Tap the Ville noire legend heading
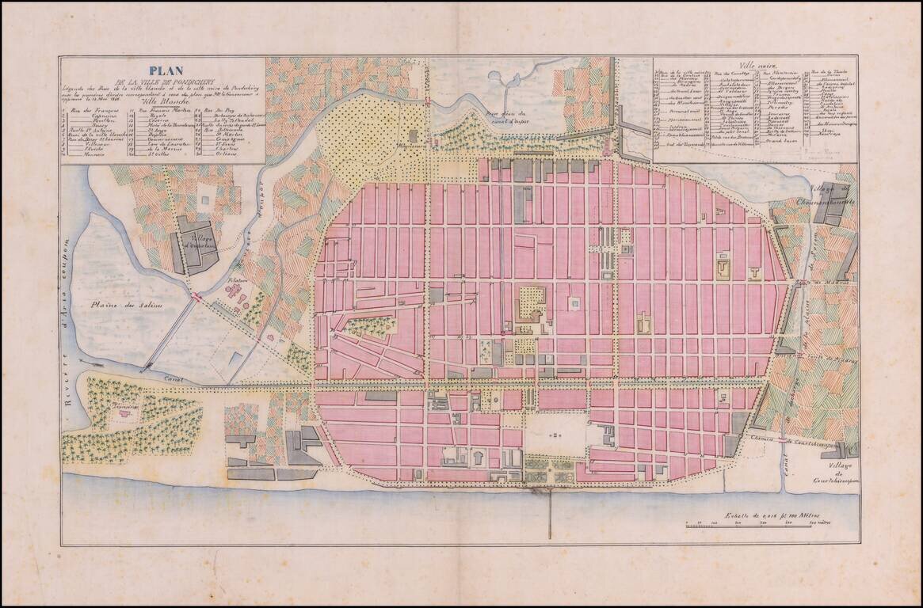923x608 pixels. coord(756,66)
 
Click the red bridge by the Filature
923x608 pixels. coord(195,295)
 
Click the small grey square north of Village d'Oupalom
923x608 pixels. coord(206,200)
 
